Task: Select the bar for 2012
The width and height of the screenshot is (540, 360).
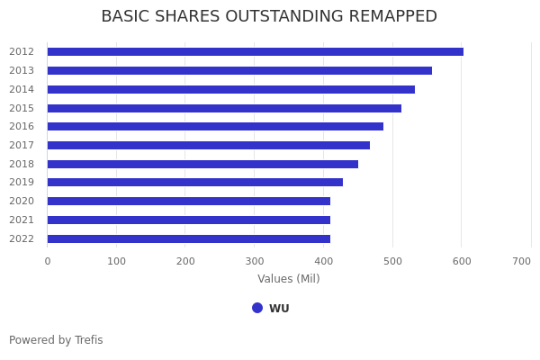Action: pyautogui.click(x=256, y=52)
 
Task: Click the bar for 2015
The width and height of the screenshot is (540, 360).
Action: pyautogui.click(x=224, y=108)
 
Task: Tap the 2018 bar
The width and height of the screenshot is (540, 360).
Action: pyautogui.click(x=202, y=164)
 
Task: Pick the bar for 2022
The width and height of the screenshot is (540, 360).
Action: pyautogui.click(x=189, y=238)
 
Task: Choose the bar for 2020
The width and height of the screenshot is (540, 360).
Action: pyautogui.click(x=189, y=202)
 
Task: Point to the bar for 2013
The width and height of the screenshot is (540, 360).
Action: pyautogui.click(x=239, y=70)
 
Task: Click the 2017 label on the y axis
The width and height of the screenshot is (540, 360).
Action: pyautogui.click(x=22, y=146)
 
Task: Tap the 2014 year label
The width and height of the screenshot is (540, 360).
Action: pyautogui.click(x=22, y=89)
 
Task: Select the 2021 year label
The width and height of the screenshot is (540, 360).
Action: pyautogui.click(x=22, y=220)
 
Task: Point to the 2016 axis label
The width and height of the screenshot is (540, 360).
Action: pyautogui.click(x=22, y=127)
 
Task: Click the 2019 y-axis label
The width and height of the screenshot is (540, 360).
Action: pyautogui.click(x=22, y=183)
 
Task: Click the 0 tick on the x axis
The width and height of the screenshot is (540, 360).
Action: pyautogui.click(x=48, y=261)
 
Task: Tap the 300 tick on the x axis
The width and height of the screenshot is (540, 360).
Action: pyautogui.click(x=255, y=261)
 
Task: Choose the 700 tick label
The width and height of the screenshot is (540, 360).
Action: pyautogui.click(x=521, y=261)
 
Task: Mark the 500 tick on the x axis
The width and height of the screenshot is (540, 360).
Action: pyautogui.click(x=392, y=261)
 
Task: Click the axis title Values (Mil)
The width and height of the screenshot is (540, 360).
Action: pyautogui.click(x=289, y=279)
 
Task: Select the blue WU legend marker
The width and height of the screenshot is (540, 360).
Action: pyautogui.click(x=257, y=308)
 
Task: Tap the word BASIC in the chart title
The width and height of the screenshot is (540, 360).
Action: pyautogui.click(x=124, y=17)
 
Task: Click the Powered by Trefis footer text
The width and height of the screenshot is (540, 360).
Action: pyautogui.click(x=56, y=340)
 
